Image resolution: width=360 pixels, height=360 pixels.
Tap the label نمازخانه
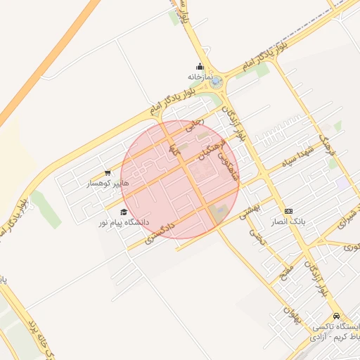point(200,76)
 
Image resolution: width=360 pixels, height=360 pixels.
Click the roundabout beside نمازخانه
point(216,82)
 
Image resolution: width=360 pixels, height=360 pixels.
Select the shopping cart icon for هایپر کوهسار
point(107,173)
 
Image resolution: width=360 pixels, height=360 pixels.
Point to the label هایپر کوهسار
point(108,184)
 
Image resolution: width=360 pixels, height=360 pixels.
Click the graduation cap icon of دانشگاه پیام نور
point(124,212)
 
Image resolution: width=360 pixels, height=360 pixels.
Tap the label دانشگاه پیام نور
point(124,222)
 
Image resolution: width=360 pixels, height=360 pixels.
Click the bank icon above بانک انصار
point(288,211)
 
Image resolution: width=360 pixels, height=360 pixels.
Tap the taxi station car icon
point(337,316)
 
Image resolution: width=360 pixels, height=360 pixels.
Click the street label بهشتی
point(250,205)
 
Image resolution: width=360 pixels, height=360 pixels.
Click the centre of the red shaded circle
point(180,179)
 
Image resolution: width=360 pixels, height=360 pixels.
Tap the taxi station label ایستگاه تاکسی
point(340,328)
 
